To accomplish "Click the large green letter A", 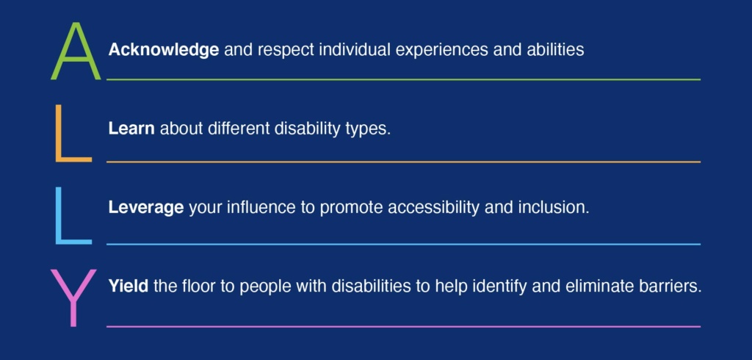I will click(75, 52).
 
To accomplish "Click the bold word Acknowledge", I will click(163, 50).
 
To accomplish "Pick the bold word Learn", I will click(131, 129).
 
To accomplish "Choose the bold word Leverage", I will click(145, 208).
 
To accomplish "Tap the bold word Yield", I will click(129, 286).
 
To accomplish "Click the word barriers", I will click(670, 286).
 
